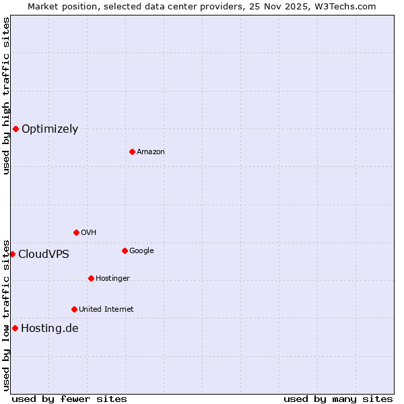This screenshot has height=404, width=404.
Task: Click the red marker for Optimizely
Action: [15, 129]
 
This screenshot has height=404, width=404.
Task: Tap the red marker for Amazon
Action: [132, 151]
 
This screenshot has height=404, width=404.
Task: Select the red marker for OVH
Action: [76, 232]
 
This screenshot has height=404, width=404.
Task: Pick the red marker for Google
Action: [125, 250]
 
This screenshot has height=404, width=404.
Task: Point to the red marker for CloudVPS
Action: [12, 254]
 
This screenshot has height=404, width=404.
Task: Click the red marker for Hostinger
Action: [91, 278]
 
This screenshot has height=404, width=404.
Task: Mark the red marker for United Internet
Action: [74, 309]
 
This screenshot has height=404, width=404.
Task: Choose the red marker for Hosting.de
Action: [15, 328]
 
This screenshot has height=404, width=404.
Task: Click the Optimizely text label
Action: [50, 129]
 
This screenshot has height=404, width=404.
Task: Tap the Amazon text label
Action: [151, 151]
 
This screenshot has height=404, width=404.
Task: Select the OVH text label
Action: [89, 232]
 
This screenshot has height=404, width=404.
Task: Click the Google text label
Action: [141, 250]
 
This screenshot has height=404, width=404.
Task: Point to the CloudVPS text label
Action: [44, 254]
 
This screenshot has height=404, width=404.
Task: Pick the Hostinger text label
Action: [112, 278]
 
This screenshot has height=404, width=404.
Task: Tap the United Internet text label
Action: [106, 309]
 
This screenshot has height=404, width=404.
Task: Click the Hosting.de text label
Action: [50, 328]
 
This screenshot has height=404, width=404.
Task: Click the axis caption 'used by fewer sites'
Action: [69, 399]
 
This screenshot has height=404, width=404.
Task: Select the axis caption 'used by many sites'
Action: [338, 399]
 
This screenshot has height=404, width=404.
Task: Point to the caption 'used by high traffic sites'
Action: [6, 96]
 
